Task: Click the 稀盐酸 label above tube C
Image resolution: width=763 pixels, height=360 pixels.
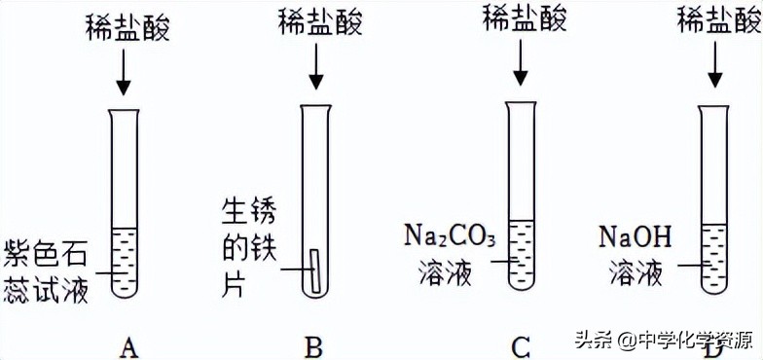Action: (x=524, y=18)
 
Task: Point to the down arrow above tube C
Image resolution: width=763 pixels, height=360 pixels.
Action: (x=523, y=62)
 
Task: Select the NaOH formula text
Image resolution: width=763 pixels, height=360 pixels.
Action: (x=636, y=237)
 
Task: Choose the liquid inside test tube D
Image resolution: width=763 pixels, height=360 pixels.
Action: (x=715, y=257)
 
